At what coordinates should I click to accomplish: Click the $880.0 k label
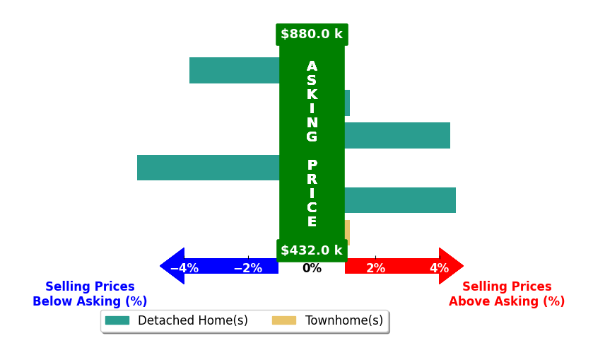tap(312, 34)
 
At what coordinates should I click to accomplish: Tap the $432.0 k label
tap(312, 250)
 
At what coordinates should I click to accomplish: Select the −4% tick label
tap(184, 268)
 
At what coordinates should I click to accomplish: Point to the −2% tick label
tap(248, 268)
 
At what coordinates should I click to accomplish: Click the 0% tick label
tap(312, 268)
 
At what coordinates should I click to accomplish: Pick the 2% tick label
tap(375, 268)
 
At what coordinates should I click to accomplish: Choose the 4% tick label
tap(440, 268)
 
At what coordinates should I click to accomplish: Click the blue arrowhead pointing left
tap(172, 266)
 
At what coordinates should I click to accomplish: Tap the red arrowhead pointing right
tap(451, 266)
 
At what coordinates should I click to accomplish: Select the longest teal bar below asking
tap(209, 168)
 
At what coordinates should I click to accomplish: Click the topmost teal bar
tap(235, 71)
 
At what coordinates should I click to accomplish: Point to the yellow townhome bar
tap(347, 233)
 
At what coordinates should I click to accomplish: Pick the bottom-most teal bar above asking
tap(400, 200)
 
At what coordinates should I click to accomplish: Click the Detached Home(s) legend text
tap(193, 320)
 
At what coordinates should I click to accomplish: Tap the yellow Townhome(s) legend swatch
tap(284, 320)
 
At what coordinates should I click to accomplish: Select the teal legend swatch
tap(117, 320)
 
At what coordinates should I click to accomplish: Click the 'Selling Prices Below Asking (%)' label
tap(90, 294)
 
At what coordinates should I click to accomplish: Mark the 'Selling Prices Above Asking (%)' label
tap(507, 294)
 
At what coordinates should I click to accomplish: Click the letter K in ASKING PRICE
tap(312, 94)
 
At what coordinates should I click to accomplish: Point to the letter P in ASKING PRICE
tap(312, 165)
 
